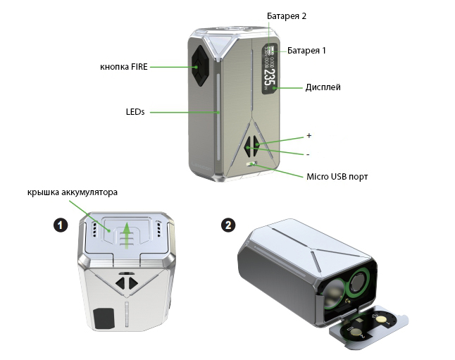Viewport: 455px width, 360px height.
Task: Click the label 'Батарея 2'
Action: (x=286, y=15)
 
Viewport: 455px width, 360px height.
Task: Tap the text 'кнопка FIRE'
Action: (x=123, y=68)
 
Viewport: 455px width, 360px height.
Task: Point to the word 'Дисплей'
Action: (x=323, y=88)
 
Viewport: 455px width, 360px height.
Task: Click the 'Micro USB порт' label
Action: (x=337, y=176)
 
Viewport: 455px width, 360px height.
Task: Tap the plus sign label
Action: (x=308, y=135)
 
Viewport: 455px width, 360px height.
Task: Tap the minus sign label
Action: (x=308, y=154)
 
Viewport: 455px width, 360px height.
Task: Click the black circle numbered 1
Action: (x=61, y=225)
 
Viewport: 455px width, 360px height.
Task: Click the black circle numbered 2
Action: (x=228, y=225)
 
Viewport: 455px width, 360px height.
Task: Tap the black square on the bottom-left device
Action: (x=104, y=318)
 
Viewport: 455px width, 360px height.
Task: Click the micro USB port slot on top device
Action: (x=251, y=163)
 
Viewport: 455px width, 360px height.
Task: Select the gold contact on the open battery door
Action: (x=380, y=319)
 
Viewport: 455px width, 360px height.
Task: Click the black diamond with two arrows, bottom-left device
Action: (x=125, y=283)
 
